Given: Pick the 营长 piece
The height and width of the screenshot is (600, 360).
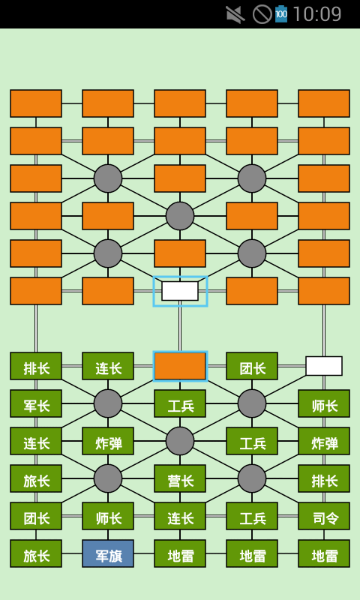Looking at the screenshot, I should (180, 478).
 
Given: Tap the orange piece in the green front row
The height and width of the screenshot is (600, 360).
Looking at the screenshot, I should (180, 366).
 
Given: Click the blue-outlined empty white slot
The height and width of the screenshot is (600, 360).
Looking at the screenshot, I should (180, 291).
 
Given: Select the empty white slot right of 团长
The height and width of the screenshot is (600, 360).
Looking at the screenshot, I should (324, 366).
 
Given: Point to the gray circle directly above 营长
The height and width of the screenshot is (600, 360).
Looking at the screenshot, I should (180, 441).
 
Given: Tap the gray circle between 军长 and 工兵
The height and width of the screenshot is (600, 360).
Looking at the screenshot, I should (108, 403).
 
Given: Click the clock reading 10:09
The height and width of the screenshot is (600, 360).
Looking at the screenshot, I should (316, 14).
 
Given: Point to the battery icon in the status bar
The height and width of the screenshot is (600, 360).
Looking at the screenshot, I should (281, 14).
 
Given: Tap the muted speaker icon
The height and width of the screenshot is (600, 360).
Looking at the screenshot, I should (235, 14).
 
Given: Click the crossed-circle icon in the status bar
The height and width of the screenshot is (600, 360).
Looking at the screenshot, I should (262, 14).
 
